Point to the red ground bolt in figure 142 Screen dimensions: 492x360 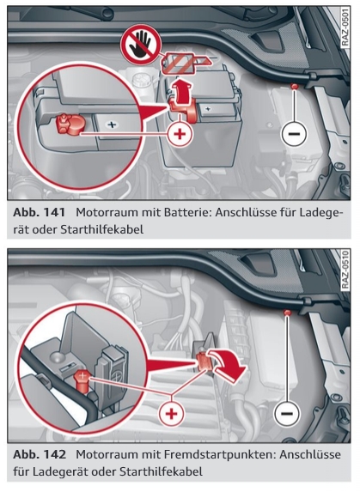tap(287, 316)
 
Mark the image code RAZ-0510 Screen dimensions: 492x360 tap(344, 273)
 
